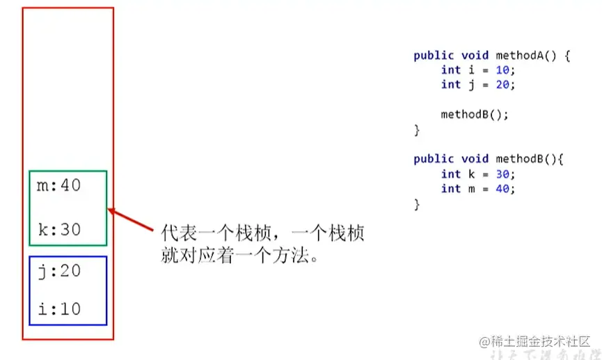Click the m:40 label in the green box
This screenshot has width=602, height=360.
(58, 186)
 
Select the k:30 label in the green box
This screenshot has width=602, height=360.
(58, 229)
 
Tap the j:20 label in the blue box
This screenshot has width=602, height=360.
(58, 271)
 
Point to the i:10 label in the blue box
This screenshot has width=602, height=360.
(58, 308)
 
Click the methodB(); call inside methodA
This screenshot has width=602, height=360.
(475, 114)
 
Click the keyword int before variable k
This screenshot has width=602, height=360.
(450, 174)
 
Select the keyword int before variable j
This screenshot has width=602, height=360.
(450, 84)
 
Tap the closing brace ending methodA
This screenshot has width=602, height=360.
(417, 130)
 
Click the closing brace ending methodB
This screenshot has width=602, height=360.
(417, 204)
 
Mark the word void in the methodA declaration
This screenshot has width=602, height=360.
(475, 55)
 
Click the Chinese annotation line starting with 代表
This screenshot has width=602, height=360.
(262, 232)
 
